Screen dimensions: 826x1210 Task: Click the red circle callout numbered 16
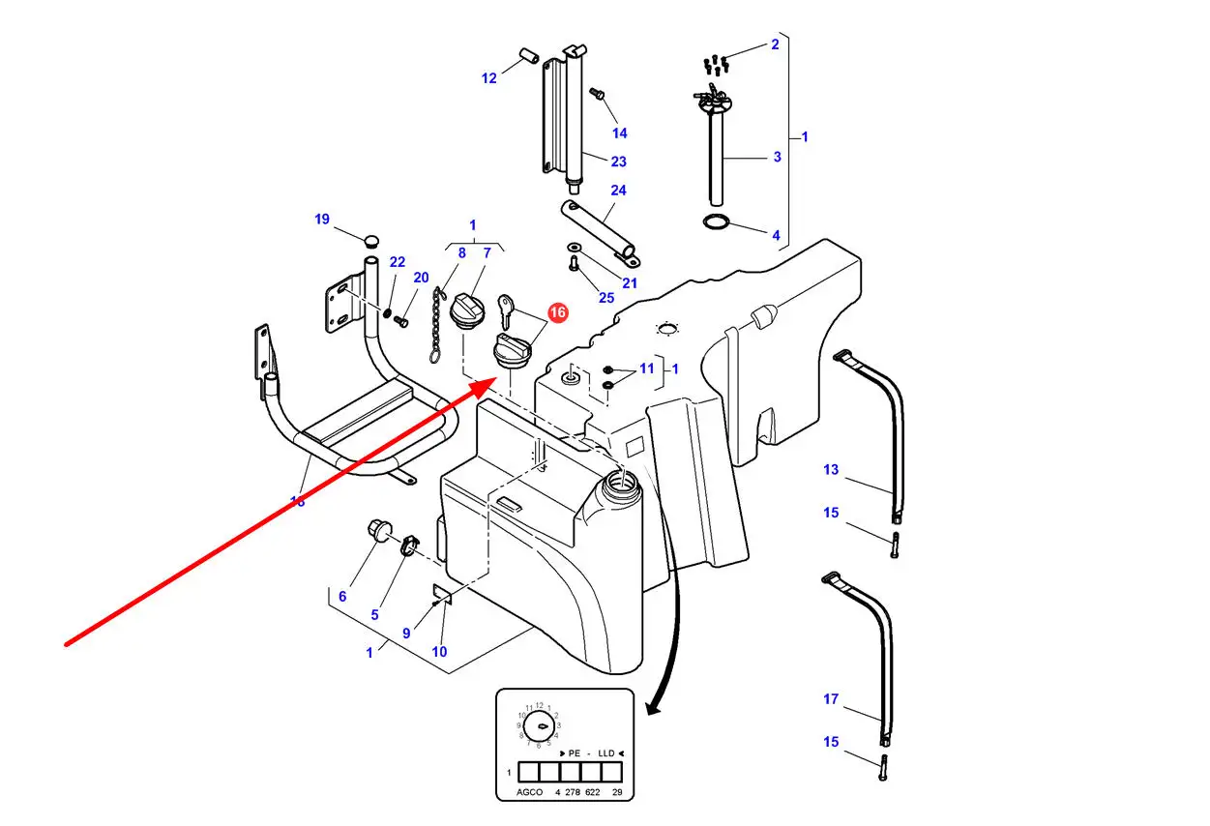[558, 312]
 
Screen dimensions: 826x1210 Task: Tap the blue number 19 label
[322, 220]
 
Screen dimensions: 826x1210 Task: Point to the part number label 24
[618, 191]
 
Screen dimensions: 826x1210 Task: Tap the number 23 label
[618, 162]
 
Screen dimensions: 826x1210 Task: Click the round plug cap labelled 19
[370, 239]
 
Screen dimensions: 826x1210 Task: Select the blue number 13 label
[831, 470]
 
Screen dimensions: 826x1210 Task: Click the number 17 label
[831, 699]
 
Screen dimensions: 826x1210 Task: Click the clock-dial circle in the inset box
[540, 725]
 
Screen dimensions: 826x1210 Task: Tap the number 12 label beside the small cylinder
[488, 78]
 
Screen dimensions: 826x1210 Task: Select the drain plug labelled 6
[377, 530]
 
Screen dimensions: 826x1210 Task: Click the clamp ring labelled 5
[409, 546]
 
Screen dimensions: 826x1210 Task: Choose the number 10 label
[439, 652]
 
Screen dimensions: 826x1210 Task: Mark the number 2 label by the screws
[775, 44]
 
